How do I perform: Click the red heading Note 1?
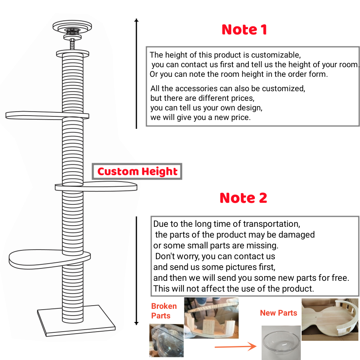244,30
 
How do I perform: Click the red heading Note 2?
243,198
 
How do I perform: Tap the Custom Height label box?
137,172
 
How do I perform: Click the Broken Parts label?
164,311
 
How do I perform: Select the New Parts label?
278,313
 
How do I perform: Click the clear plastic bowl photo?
281,342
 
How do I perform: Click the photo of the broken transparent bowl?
166,340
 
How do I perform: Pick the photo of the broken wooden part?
211,318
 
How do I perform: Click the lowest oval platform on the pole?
38,259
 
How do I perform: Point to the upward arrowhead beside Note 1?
136,20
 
